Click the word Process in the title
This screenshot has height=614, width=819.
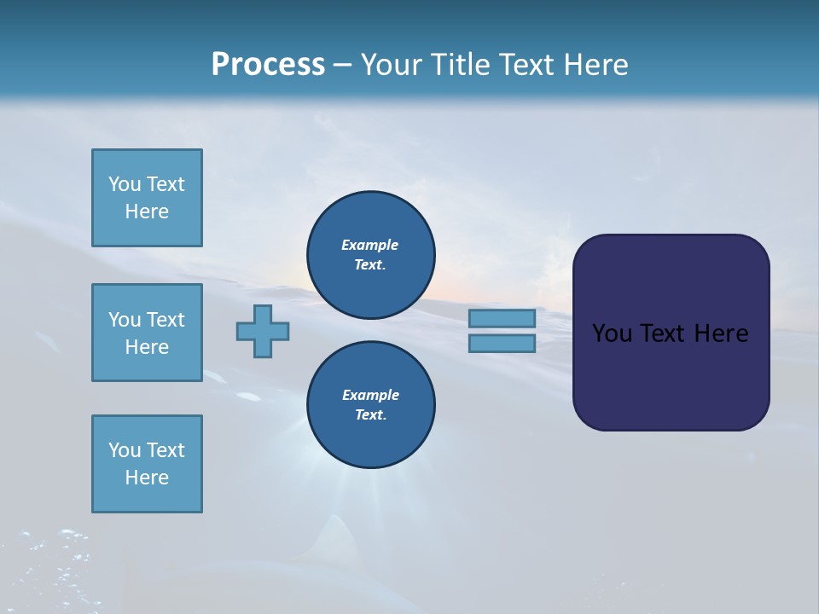tap(268, 65)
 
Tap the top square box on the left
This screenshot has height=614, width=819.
tap(147, 198)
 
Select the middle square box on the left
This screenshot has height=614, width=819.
tap(147, 333)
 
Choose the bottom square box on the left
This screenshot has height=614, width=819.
tap(147, 464)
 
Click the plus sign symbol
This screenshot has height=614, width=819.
tap(263, 331)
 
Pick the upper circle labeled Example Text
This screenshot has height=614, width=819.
tap(371, 255)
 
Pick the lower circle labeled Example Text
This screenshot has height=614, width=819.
tap(371, 405)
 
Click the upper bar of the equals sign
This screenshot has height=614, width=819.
tap(502, 318)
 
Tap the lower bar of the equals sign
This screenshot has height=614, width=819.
tap(502, 343)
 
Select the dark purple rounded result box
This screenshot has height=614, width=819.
tap(671, 333)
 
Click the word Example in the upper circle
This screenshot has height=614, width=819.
tap(370, 245)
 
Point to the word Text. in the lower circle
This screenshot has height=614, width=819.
tap(370, 415)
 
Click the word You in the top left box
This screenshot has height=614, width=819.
tap(125, 184)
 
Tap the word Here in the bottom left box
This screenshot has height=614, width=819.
tap(147, 478)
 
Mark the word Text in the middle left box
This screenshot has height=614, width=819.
tap(166, 320)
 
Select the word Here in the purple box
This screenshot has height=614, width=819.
tap(721, 333)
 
